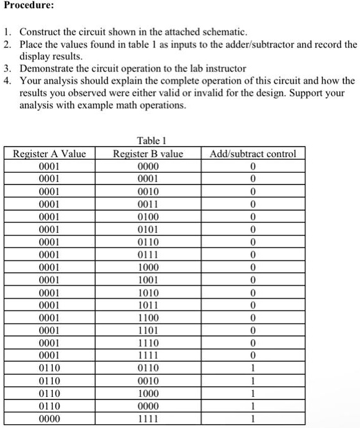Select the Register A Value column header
tap(49, 153)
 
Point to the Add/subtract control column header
tap(253, 153)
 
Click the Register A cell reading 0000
tap(49, 419)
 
